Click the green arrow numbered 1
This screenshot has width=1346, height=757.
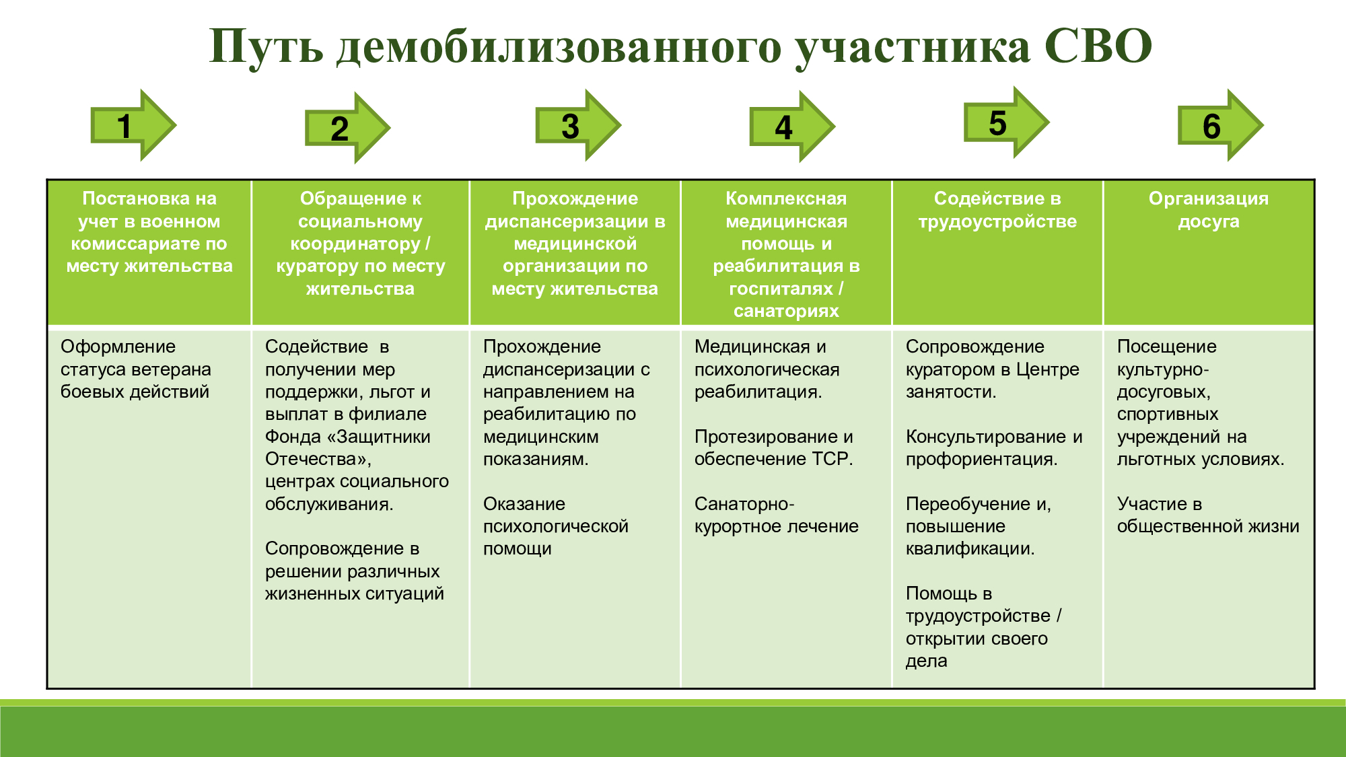(133, 125)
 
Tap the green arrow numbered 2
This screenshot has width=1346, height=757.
(347, 128)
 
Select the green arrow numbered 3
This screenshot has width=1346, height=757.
(578, 125)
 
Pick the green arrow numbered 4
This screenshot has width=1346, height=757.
(792, 127)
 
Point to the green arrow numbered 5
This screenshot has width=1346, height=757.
(1006, 122)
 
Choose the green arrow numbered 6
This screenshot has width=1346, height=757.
(1220, 125)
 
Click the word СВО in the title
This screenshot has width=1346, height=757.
(1098, 46)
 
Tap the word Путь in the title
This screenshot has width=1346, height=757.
(267, 47)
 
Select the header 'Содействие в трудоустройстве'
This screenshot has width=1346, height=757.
(997, 210)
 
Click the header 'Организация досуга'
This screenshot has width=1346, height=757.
(1209, 210)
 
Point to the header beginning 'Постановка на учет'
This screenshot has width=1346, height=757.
(149, 232)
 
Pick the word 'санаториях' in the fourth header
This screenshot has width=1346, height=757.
(786, 311)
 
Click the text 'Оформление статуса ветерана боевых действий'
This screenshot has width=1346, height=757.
(136, 369)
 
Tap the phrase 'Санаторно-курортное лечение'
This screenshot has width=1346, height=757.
(777, 515)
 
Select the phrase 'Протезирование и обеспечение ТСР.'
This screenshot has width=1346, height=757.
(774, 447)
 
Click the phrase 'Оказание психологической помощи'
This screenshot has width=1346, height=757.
(556, 526)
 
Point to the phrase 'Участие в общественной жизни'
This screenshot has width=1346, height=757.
(1208, 515)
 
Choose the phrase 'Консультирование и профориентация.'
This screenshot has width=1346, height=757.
(994, 447)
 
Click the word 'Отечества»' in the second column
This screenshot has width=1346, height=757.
(318, 460)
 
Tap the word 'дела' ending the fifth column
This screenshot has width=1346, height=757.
(927, 661)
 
